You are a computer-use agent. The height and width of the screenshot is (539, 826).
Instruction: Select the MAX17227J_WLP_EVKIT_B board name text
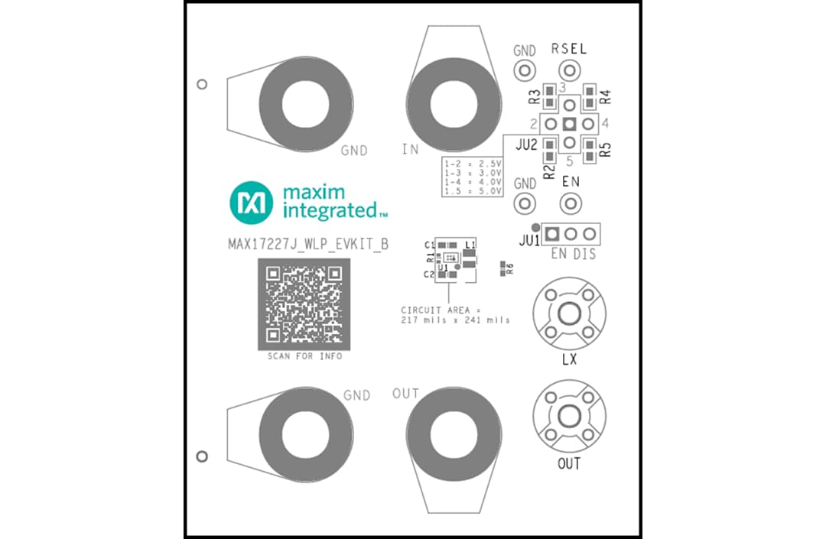coord(308,245)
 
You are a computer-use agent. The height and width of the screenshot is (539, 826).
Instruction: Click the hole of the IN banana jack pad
coord(454,104)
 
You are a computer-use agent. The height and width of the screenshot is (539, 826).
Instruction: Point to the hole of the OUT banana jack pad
coord(454,430)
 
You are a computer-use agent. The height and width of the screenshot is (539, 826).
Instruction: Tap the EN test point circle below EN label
coord(569,204)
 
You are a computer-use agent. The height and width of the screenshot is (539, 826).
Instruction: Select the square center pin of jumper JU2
coord(569,123)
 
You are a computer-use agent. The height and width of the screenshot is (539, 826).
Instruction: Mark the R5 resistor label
coord(606,149)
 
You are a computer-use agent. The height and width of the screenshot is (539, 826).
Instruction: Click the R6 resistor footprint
coord(502,267)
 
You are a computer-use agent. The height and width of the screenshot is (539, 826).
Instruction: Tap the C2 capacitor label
coord(429,274)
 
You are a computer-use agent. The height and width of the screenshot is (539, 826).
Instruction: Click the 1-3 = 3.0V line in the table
coord(472,174)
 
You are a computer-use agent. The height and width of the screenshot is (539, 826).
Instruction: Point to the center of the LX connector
coord(569,313)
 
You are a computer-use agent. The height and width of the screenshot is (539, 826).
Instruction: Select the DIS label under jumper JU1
coord(585,254)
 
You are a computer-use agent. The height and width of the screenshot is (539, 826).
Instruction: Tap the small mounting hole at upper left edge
coord(202,84)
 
